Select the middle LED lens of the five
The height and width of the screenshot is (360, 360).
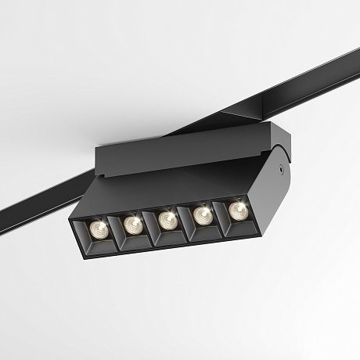click(x=167, y=220)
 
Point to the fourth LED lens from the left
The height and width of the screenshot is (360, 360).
click(x=202, y=214)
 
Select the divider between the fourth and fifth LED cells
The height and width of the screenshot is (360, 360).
click(x=220, y=220)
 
